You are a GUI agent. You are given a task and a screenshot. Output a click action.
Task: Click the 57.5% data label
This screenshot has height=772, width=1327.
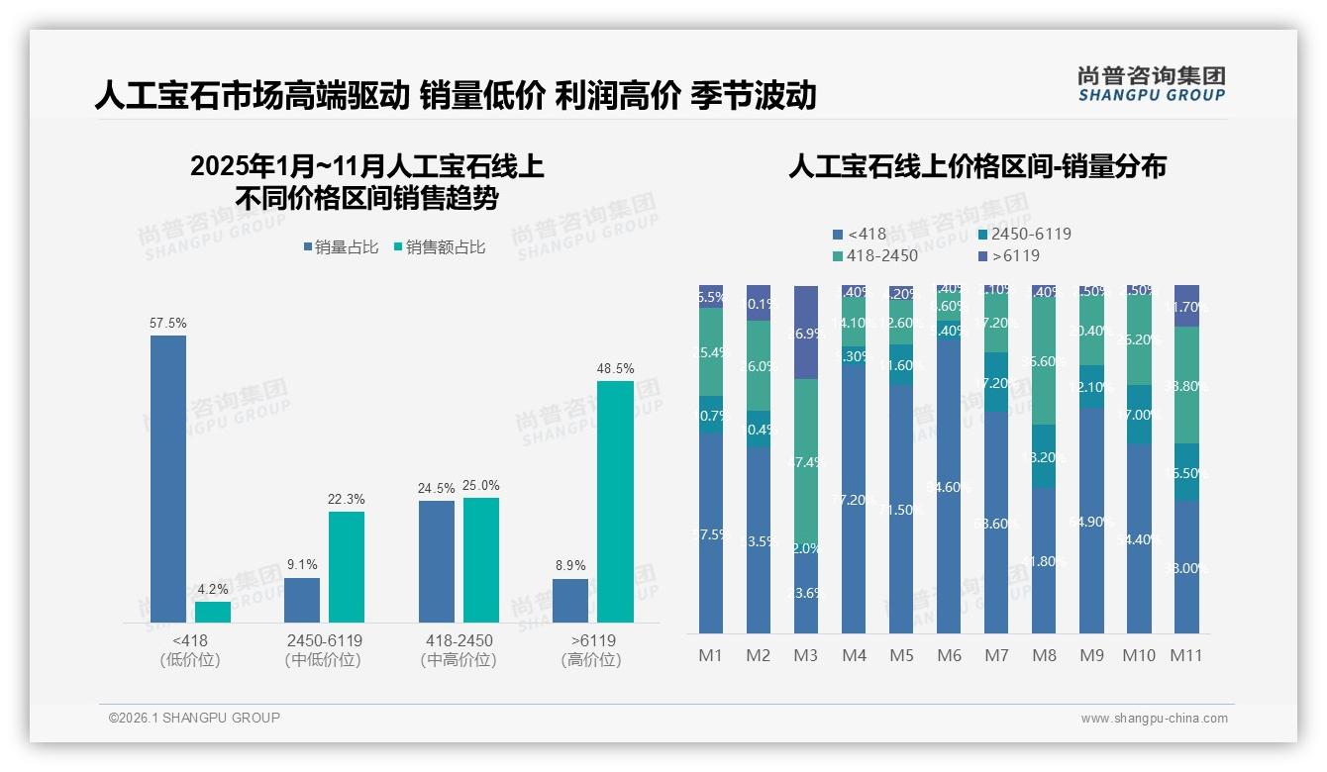168,323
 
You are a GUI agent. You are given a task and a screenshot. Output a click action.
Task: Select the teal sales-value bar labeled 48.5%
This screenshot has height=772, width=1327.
615,502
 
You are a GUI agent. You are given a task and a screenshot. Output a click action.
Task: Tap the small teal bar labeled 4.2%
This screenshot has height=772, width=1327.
213,613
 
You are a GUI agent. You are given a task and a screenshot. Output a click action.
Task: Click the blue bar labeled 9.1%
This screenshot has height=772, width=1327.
302,600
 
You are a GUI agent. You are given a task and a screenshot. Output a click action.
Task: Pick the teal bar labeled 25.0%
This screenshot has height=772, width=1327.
481,560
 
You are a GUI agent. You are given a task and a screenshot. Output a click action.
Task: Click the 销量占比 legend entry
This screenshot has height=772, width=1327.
341,247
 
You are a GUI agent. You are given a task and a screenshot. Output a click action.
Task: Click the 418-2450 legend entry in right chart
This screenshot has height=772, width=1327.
875,256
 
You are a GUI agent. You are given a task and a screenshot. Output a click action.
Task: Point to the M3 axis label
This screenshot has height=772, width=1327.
806,655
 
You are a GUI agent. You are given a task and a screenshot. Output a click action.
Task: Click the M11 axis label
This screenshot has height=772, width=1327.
1186,655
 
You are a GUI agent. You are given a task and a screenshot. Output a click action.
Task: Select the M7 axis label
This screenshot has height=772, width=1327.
996,655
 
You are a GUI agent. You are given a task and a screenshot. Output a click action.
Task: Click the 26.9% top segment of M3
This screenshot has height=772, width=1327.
806,333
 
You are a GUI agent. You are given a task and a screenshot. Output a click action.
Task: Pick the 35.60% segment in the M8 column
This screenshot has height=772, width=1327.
1044,360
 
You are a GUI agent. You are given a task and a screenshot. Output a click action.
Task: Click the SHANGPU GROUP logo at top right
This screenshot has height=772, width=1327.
1151,84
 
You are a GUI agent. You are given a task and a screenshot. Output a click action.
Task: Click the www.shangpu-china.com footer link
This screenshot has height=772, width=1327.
1154,719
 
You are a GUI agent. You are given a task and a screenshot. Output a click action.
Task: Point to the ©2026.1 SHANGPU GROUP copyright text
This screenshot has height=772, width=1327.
194,718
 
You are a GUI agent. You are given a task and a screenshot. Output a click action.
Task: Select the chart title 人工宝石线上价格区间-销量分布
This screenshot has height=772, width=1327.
976,166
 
